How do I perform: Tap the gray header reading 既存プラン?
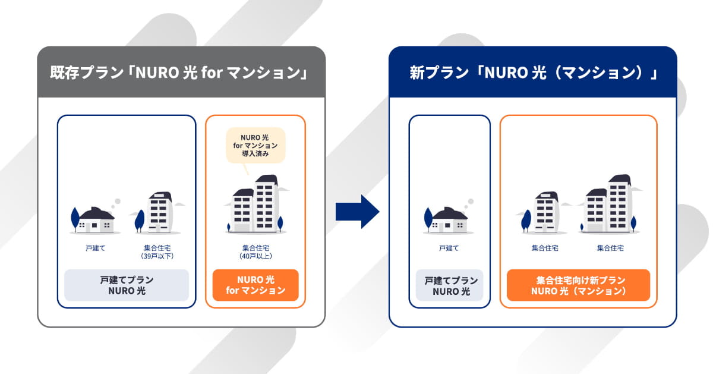181,72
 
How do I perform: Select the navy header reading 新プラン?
533,72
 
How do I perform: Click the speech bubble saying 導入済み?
255,146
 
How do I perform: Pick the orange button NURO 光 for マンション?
255,285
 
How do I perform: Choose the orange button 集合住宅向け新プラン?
578,285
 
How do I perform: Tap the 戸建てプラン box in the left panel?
127,285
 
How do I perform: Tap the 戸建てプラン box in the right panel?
449,285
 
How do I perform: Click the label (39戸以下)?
157,256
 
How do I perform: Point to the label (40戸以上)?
255,256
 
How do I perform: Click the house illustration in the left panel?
95,220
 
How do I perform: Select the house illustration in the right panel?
448,220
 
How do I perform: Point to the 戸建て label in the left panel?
96,248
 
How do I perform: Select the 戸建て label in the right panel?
449,248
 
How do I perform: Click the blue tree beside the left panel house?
75,219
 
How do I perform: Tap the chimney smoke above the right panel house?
469,203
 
